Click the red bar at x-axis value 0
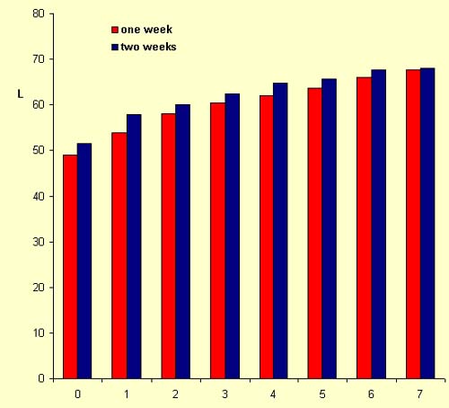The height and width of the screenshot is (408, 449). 70,267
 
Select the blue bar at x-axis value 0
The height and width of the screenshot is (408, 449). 84,261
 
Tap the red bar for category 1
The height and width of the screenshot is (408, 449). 119,255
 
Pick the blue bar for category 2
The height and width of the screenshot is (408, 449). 182,242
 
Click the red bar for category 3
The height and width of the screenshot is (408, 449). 217,241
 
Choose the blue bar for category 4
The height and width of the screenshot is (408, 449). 280,231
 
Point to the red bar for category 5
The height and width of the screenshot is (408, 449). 314,234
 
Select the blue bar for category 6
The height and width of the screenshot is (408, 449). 379,225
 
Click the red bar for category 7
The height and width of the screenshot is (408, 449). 413,225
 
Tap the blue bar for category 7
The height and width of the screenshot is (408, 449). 427,224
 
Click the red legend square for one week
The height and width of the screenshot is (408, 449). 115,30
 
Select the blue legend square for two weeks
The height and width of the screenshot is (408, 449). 115,47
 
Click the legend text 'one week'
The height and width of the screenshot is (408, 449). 146,30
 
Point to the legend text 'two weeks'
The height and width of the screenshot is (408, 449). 148,47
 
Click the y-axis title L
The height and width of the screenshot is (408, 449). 21,94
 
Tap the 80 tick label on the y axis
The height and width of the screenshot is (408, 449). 39,13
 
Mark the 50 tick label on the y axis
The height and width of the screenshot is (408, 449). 39,150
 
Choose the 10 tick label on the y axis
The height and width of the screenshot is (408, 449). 39,333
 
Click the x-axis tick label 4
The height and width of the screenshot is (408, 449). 273,395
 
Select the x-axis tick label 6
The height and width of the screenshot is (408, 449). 371,395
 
